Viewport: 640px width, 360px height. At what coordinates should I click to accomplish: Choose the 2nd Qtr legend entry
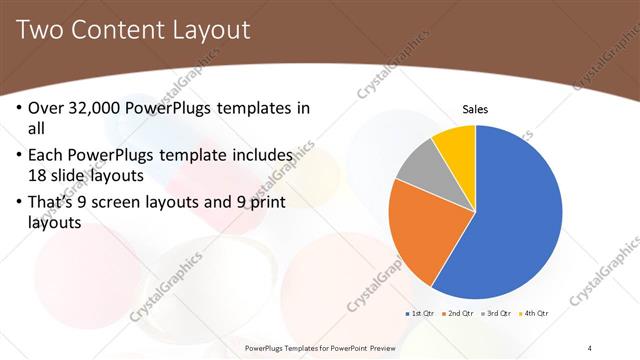[x=457, y=314]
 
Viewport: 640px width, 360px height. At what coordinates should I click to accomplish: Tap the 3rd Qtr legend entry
[x=496, y=314]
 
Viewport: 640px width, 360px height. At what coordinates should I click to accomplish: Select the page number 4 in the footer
[x=590, y=347]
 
